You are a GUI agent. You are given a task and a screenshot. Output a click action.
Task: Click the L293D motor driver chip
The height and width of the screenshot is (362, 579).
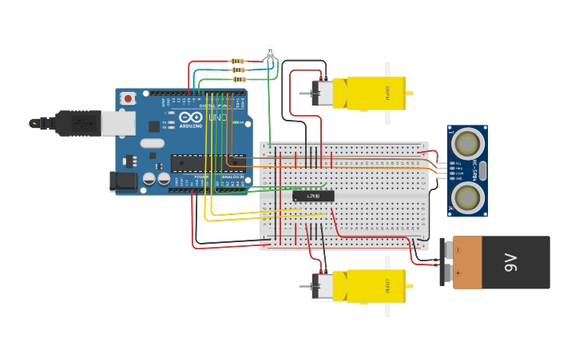pos(313,196)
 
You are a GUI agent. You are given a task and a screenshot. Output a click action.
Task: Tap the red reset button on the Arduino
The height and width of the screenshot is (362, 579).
pos(128,98)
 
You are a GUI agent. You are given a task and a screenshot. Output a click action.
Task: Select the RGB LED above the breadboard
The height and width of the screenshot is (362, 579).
pos(270,53)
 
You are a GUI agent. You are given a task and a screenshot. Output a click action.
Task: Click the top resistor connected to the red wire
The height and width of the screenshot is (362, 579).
pos(237,61)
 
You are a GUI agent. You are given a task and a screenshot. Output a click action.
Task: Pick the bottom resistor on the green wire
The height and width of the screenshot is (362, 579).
pos(239,79)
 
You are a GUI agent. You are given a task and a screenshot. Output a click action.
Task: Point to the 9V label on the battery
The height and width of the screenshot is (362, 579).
pos(511,262)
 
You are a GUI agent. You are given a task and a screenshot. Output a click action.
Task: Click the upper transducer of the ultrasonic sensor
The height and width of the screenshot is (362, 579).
pos(467,143)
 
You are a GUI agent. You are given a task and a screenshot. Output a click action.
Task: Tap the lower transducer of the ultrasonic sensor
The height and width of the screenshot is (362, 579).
pos(467,197)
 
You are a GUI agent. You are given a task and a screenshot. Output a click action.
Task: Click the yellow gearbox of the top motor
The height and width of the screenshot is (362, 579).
pos(375,93)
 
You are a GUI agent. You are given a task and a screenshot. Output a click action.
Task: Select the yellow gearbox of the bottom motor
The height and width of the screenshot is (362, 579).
pos(375,286)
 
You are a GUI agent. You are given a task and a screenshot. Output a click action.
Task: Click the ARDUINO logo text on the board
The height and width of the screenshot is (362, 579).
pos(191,125)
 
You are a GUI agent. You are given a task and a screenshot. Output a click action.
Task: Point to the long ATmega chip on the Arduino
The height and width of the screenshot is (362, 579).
pos(196,163)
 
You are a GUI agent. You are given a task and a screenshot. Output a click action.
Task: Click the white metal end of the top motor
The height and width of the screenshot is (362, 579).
pos(323,93)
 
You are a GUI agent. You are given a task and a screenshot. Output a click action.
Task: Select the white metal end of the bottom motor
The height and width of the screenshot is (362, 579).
pos(323,286)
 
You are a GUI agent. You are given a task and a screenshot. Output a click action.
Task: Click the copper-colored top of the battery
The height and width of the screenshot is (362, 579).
pos(467,262)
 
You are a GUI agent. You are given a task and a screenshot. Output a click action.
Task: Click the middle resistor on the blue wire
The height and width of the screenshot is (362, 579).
pos(238,70)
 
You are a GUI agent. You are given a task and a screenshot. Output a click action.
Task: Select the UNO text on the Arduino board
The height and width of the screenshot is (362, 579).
pos(217,117)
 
